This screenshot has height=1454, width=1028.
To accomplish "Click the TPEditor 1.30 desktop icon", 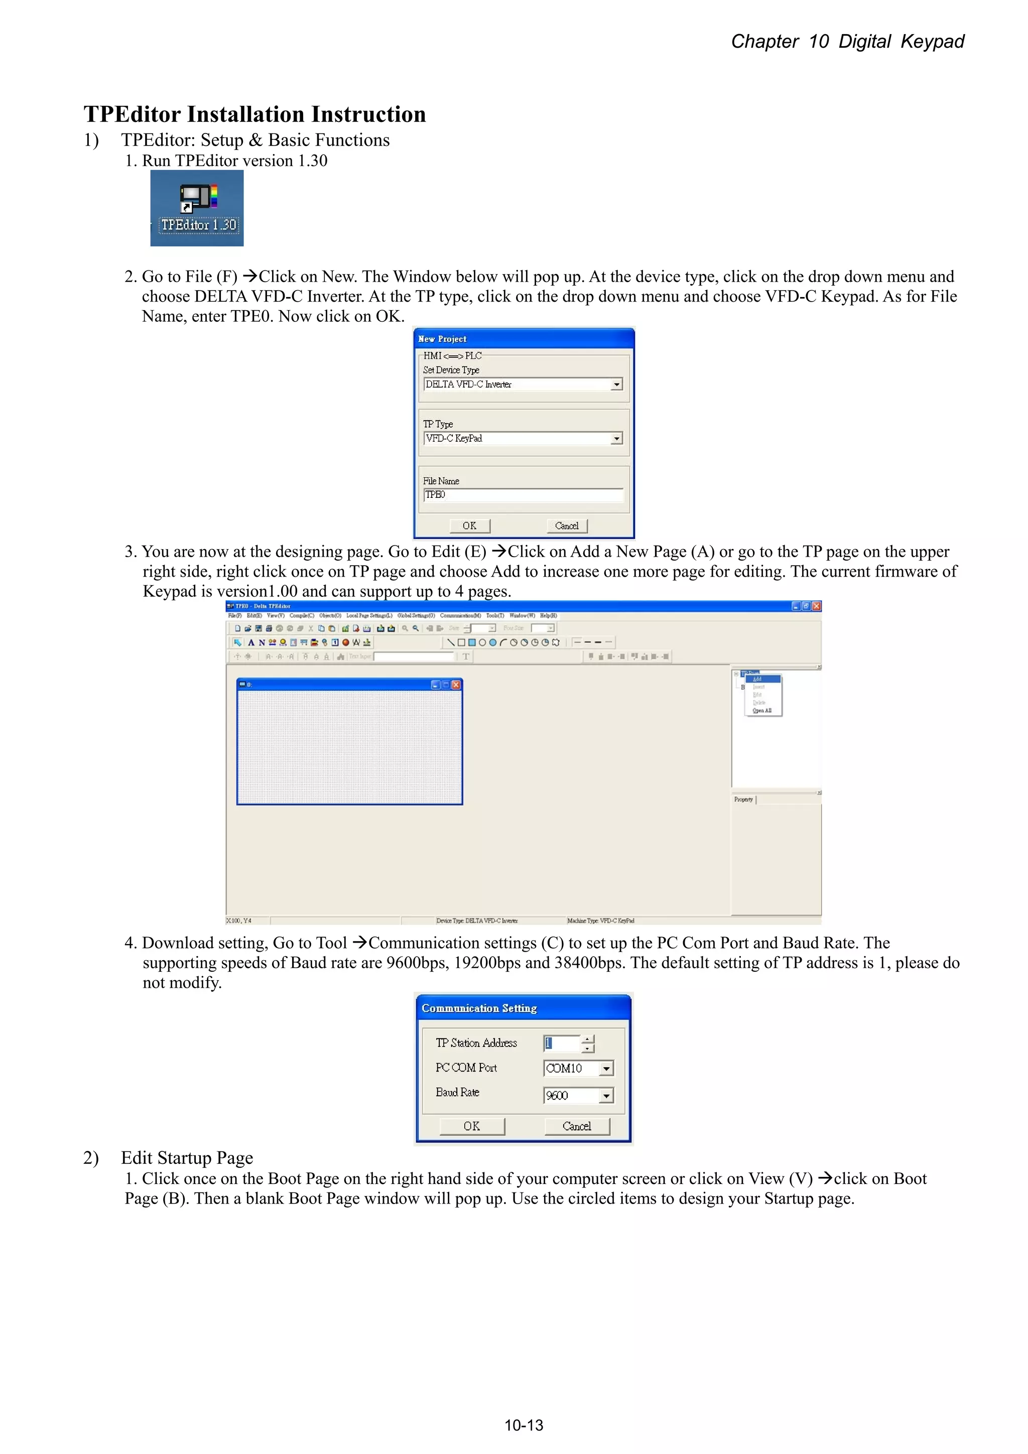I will coord(197,208).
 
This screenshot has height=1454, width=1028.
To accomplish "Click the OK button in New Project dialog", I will coord(469,525).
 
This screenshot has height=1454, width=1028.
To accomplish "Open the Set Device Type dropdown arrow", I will coord(616,384).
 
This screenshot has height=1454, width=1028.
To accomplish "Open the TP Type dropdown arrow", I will coord(616,438).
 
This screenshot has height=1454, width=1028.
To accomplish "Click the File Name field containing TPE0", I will coord(523,494).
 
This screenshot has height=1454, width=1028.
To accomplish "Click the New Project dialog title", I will coord(442,339).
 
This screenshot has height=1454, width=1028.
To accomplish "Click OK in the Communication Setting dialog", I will coord(472,1126).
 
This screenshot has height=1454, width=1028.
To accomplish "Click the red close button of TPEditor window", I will coord(817,606).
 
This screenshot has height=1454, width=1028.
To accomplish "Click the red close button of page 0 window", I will coord(455,685).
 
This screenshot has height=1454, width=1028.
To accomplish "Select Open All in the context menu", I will coord(762,711).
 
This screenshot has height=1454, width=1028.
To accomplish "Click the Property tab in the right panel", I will coord(743,799).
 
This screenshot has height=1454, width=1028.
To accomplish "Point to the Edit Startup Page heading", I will coord(187,1157).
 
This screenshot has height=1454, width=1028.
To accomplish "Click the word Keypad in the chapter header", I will coord(932,42).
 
